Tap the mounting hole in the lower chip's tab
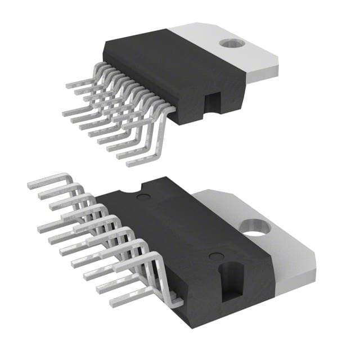(255, 228)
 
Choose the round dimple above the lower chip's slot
(214, 256)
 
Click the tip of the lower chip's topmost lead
(29, 183)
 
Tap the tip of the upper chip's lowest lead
(128, 164)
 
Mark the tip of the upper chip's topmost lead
(67, 86)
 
